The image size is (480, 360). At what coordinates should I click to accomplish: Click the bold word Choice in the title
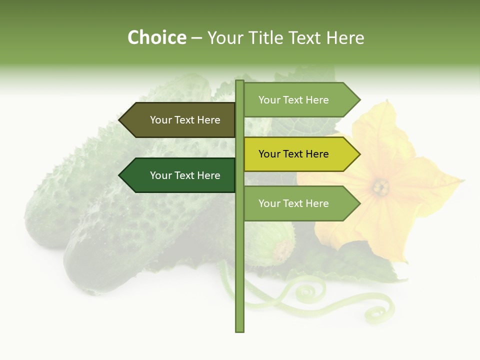click(156, 37)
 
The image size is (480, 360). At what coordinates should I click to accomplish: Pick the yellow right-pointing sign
click(297, 154)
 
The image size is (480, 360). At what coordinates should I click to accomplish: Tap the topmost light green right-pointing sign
click(297, 100)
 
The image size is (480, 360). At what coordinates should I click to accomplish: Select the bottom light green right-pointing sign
click(297, 203)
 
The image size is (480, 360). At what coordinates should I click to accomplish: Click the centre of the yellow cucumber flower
click(381, 187)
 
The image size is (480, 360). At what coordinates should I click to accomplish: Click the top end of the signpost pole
click(239, 81)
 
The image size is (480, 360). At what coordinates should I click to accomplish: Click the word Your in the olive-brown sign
click(160, 120)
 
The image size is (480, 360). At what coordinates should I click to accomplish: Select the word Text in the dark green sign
click(184, 175)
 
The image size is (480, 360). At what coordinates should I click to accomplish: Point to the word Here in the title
click(345, 37)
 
